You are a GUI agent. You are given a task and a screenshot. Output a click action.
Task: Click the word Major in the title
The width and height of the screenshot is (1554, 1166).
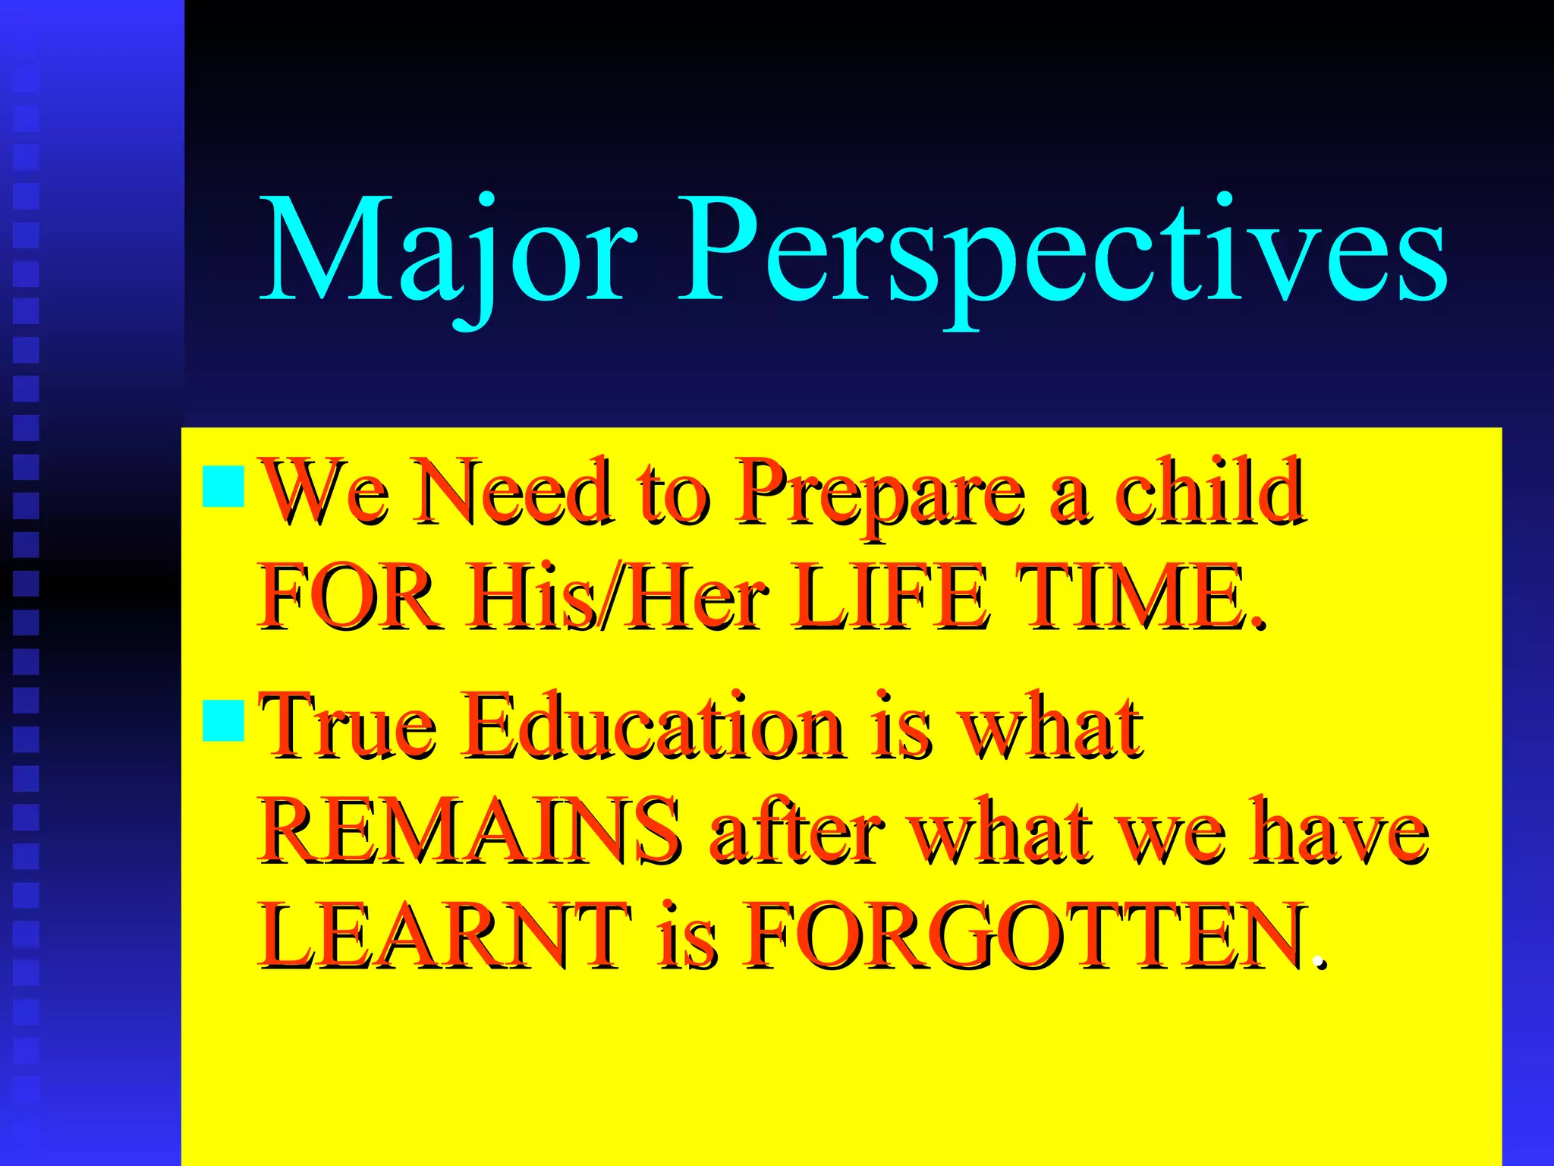coord(448,251)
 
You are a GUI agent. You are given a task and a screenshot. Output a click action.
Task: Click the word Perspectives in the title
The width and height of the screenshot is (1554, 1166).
coord(1062,251)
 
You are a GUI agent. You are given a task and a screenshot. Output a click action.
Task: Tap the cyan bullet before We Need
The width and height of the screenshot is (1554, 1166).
coord(224,487)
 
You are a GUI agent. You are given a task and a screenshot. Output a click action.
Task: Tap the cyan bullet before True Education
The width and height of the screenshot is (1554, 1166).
coord(224,720)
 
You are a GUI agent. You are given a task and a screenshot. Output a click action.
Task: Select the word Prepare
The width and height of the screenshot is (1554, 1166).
coord(880,493)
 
